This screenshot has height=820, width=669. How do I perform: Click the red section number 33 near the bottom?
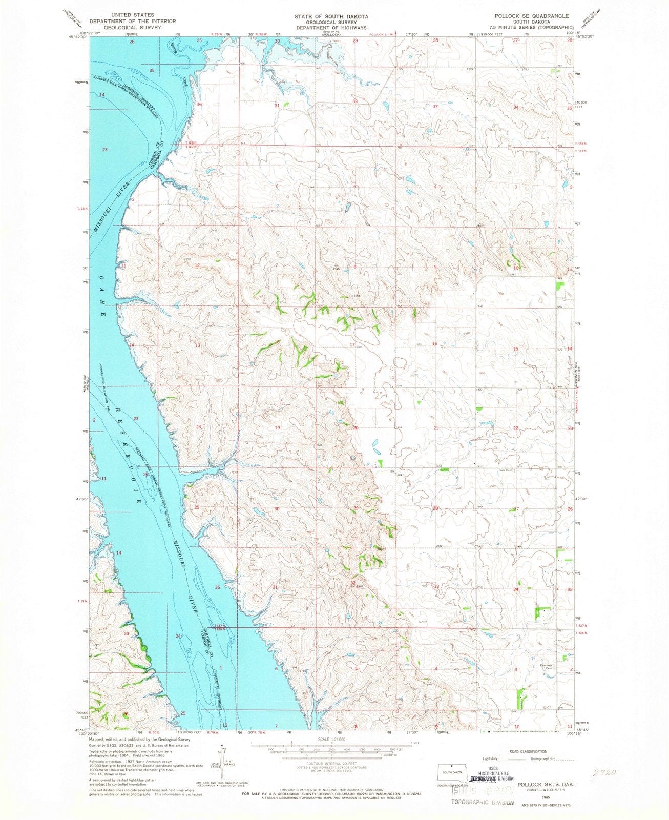[437, 586]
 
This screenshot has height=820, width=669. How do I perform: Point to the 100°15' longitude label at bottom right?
[580, 734]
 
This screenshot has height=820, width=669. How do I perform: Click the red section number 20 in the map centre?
[355, 427]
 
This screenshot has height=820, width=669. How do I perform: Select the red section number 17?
[352, 344]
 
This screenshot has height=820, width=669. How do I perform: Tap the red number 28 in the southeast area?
[436, 508]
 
